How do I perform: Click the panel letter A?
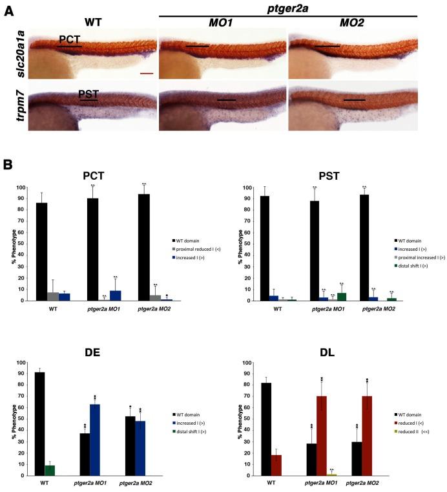pyautogui.click(x=8, y=10)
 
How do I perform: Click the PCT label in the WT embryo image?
pyautogui.click(x=70, y=39)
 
